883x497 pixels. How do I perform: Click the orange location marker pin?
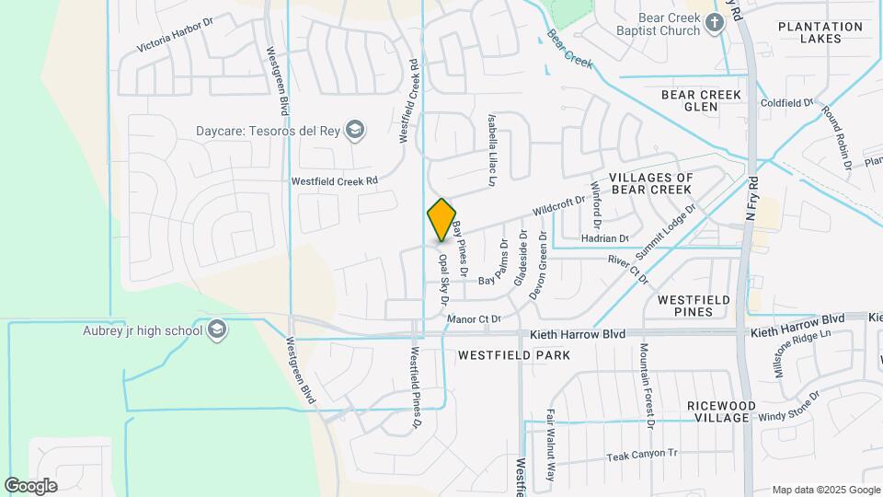point(441,220)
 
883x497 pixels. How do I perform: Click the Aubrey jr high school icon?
point(217,329)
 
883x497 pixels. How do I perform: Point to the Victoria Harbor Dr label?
point(174,33)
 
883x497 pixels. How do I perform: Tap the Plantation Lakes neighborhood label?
point(821,33)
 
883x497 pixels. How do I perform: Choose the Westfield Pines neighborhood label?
point(694,306)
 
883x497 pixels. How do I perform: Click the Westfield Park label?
point(514,354)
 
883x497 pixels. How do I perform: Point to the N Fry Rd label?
point(751,198)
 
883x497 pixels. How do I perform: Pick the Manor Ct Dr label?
point(473,319)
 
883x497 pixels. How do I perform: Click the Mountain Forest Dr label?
point(646,387)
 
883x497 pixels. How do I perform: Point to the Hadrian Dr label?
point(604,238)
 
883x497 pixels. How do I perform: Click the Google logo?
point(30,486)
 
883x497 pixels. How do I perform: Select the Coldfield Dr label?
point(787,103)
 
